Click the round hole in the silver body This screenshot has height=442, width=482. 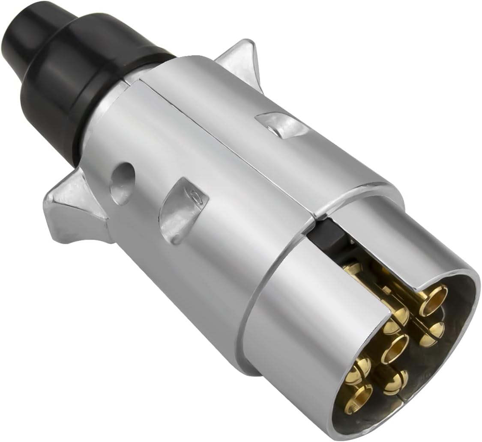(122, 182)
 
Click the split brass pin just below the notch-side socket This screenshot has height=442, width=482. (432, 332)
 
